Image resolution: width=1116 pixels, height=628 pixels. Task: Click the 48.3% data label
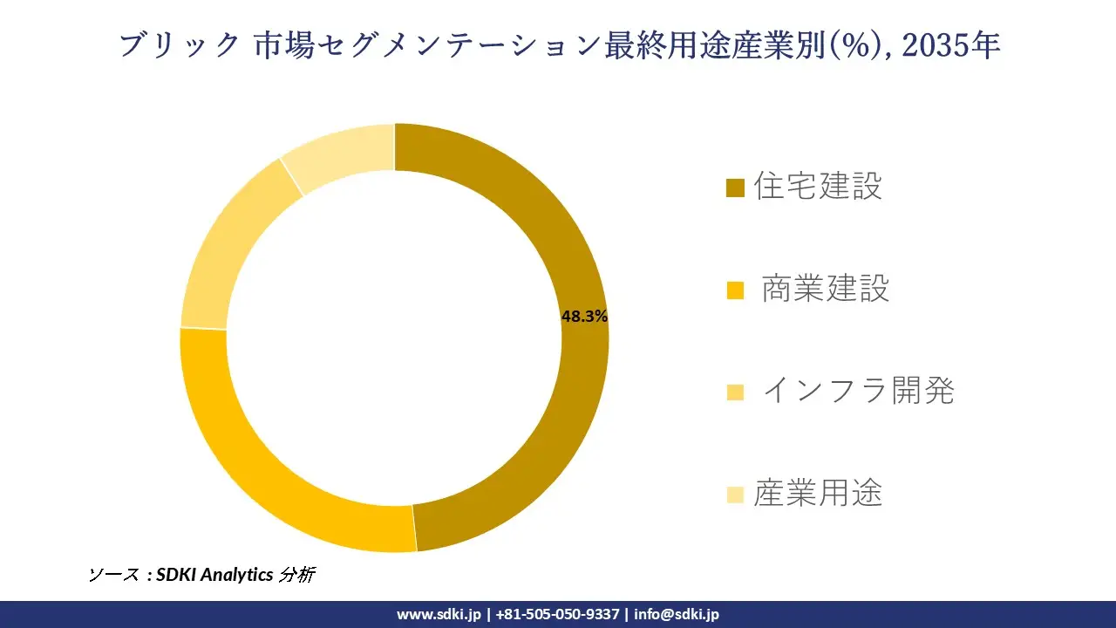(584, 317)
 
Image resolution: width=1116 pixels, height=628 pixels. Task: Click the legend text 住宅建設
(818, 186)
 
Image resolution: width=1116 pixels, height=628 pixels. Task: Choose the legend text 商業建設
(825, 289)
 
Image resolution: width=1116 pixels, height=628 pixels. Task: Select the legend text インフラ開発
(858, 391)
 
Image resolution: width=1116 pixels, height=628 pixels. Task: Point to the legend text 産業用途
(818, 494)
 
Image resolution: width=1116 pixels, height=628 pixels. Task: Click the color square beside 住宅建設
(735, 188)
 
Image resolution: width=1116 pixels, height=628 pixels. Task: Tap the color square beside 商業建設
(735, 290)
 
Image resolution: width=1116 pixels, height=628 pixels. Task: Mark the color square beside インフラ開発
(735, 392)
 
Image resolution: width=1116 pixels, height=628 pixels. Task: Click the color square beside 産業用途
(735, 495)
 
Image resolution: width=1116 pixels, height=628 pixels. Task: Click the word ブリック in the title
(179, 45)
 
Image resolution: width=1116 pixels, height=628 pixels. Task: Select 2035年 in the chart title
(950, 45)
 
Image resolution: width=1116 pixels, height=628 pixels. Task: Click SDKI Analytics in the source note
(214, 575)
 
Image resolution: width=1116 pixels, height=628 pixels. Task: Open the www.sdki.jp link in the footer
(438, 614)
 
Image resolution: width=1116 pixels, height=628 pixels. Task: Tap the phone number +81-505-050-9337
(557, 614)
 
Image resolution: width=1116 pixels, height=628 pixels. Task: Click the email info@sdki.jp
(677, 614)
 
